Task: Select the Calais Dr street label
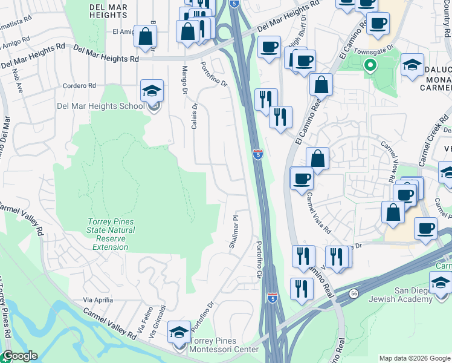195,114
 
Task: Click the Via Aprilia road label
98,300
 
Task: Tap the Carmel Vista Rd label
318,214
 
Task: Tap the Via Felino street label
144,322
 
